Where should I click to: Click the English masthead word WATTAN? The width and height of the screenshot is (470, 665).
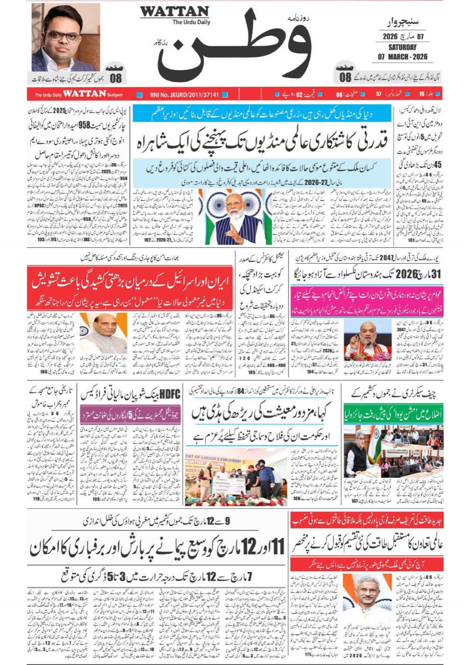click(x=174, y=12)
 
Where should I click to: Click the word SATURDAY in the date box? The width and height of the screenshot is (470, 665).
click(x=402, y=47)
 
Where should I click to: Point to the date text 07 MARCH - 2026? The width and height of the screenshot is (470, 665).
click(x=402, y=57)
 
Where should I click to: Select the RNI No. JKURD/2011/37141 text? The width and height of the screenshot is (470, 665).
click(x=184, y=95)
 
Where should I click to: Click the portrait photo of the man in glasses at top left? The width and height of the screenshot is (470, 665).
click(x=66, y=37)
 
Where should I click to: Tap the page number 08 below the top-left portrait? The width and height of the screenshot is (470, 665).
click(x=116, y=78)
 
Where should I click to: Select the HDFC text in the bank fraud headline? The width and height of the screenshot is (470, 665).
click(x=170, y=394)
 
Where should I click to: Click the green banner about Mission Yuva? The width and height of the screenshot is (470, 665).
click(x=393, y=415)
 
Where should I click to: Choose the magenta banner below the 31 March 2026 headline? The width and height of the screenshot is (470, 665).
click(x=367, y=301)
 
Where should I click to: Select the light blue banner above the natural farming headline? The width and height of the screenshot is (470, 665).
click(x=262, y=114)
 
